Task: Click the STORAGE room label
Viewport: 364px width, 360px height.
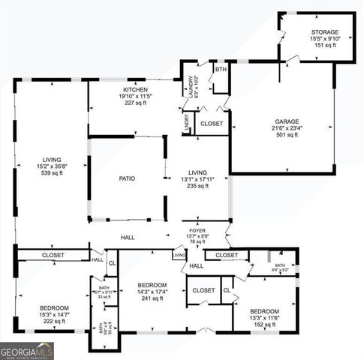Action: point(326,32)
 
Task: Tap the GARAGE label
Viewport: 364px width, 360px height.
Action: point(287,121)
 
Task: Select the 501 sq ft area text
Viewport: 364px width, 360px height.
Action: point(287,135)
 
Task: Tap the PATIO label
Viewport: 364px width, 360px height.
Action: point(126,179)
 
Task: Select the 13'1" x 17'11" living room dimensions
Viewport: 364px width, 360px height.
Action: point(197,179)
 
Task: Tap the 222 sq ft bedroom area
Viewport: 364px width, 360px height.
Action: point(55,321)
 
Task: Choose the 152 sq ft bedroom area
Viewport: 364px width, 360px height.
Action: point(265,325)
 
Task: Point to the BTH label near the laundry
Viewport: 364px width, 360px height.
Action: point(220,70)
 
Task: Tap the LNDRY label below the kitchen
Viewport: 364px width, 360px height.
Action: point(186,123)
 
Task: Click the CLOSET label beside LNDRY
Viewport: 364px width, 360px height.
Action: point(212,123)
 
